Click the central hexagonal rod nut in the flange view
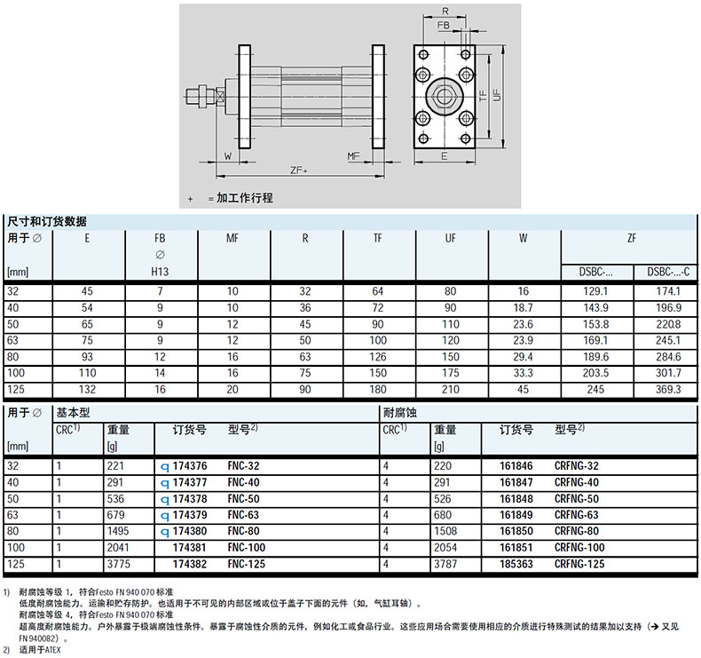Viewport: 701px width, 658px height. tap(443, 94)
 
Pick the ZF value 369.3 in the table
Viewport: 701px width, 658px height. tap(666, 390)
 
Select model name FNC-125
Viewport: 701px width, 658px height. tap(247, 563)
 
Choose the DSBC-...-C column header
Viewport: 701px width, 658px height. tap(666, 273)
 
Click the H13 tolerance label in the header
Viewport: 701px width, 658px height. tap(161, 272)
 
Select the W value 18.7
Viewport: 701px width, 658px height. tap(523, 307)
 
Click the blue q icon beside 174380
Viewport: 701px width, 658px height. tap(163, 531)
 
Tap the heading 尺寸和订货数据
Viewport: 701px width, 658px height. tap(47, 220)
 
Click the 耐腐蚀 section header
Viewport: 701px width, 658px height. tap(398, 412)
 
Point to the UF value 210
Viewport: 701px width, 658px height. tap(451, 390)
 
